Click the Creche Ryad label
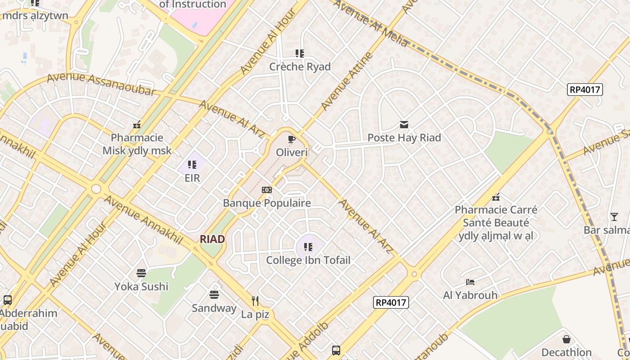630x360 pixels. [x=300, y=67]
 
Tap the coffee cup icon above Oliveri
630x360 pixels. [x=292, y=139]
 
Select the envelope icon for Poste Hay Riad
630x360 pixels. [x=404, y=125]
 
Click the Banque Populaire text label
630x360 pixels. [x=267, y=203]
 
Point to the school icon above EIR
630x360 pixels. [x=192, y=165]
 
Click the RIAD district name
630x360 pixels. [x=212, y=239]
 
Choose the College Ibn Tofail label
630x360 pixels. [x=308, y=260]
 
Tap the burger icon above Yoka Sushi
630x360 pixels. [x=141, y=273]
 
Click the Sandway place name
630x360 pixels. [x=214, y=308]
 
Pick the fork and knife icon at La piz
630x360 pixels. [x=255, y=301]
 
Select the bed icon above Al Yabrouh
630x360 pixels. [x=470, y=282]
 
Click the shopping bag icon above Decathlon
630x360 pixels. [x=567, y=339]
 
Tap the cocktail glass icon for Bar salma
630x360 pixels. [x=614, y=217]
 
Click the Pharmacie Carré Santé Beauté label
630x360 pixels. [x=496, y=223]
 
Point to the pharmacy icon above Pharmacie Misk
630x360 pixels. [x=137, y=125]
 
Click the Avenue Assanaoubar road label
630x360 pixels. [x=101, y=84]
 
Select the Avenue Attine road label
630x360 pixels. [x=347, y=81]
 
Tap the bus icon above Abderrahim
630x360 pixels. [x=8, y=300]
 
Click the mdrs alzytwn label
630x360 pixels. [x=35, y=16]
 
